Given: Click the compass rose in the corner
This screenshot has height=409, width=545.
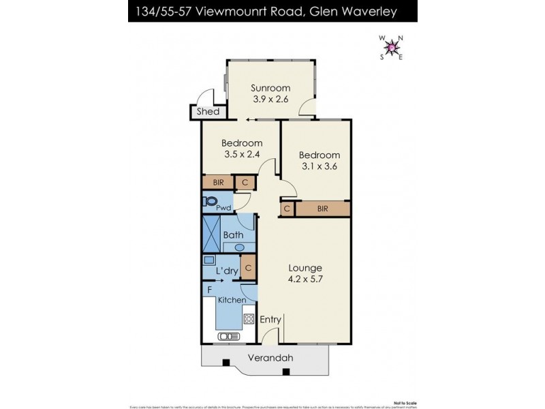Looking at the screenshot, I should [391, 48].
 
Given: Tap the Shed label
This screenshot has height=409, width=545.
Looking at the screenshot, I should [208, 112].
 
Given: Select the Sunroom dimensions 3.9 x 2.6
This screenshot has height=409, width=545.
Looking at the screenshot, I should [270, 99].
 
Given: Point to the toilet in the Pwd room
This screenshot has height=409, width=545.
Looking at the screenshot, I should [210, 201].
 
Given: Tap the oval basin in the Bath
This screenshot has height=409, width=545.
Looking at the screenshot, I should [249, 247].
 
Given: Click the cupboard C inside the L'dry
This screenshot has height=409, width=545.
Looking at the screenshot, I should [248, 269].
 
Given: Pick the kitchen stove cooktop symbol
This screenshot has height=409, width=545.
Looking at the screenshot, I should [249, 318].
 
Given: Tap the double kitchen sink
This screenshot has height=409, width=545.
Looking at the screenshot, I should [228, 335].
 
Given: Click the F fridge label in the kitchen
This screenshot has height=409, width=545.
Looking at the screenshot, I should [209, 290].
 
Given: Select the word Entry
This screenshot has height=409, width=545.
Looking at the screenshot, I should [270, 320].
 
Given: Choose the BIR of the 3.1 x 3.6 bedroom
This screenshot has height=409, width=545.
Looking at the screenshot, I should [322, 209].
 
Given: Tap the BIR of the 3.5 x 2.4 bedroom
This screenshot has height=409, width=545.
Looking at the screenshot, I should [217, 183].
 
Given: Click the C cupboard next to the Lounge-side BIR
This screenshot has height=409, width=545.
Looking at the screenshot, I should [287, 209].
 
